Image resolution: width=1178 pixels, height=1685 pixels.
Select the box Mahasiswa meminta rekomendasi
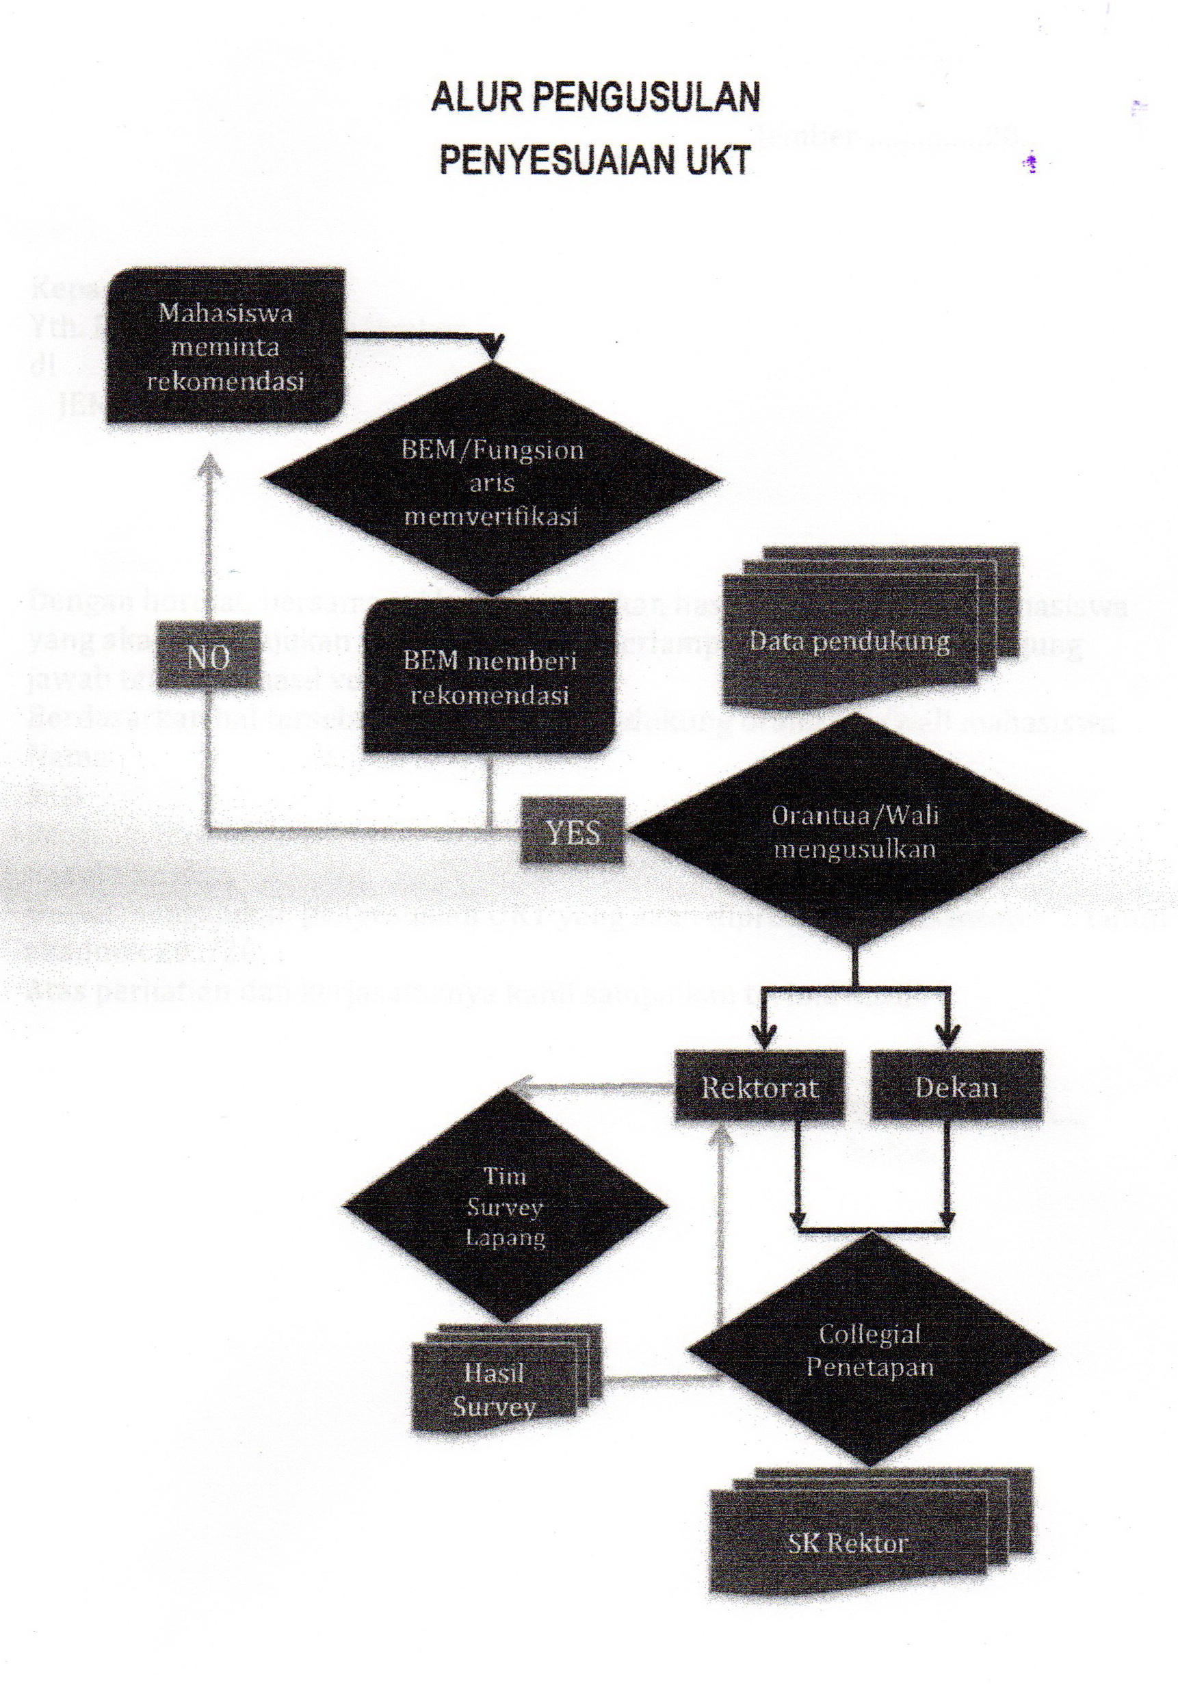click(225, 346)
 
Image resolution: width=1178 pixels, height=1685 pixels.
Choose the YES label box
click(573, 832)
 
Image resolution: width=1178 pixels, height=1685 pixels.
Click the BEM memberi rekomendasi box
click(490, 677)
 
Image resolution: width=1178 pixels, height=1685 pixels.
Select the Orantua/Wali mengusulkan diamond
click(855, 831)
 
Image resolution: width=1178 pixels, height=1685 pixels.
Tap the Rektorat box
click(759, 1087)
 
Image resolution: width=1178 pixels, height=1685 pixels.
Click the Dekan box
click(956, 1087)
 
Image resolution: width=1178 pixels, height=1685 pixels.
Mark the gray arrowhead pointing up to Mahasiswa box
click(211, 463)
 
